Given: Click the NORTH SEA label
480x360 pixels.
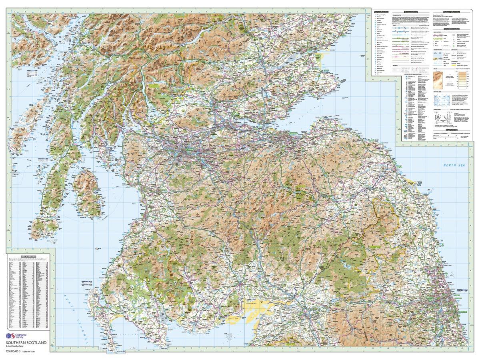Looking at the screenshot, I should (450, 165).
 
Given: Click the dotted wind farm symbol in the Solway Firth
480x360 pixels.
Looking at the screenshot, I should (229, 337).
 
